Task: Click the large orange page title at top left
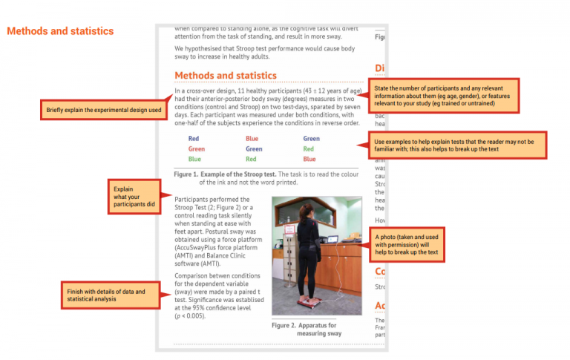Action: pyautogui.click(x=60, y=31)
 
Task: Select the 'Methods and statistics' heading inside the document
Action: pyautogui.click(x=225, y=76)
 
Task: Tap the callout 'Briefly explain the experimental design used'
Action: pyautogui.click(x=103, y=111)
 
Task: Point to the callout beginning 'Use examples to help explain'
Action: pyautogui.click(x=457, y=145)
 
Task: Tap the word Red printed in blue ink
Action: pyautogui.click(x=194, y=139)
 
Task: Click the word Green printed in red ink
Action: pyautogui.click(x=196, y=149)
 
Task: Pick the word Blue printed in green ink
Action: pyautogui.click(x=194, y=160)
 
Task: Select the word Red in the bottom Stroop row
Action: pyautogui.click(x=252, y=160)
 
